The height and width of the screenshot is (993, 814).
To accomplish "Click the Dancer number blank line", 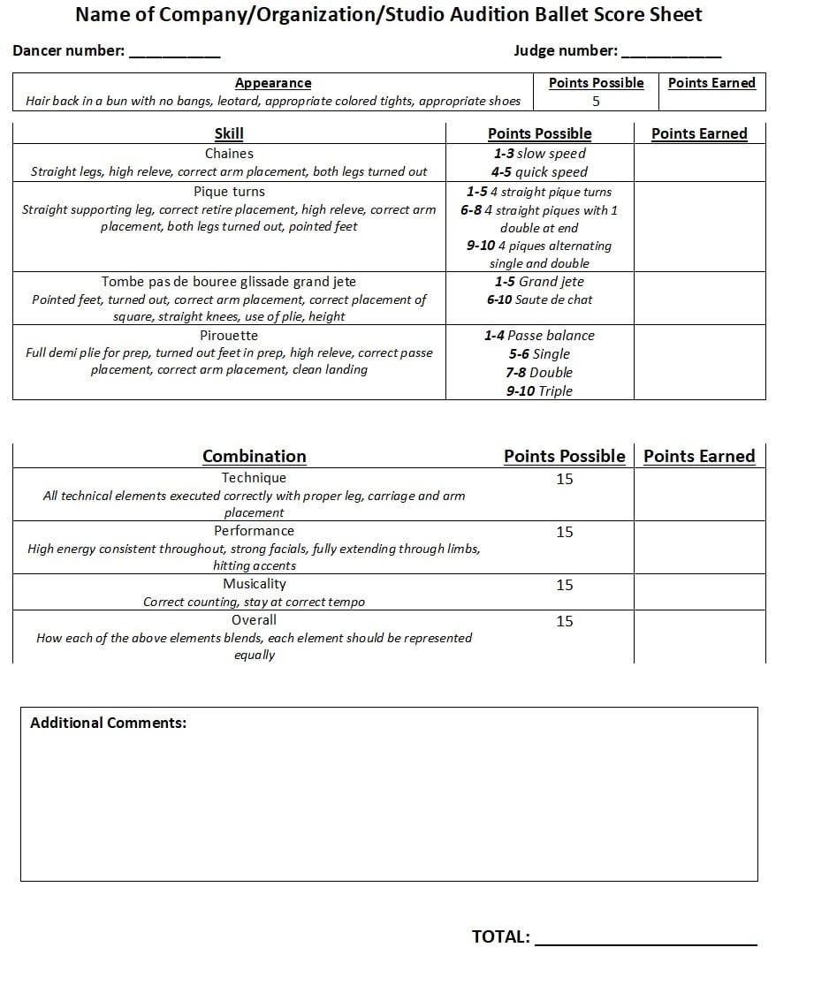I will pos(174,55).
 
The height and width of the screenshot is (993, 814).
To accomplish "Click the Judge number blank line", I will pos(671,55).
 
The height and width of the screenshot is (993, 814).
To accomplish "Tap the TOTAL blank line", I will pos(646,942).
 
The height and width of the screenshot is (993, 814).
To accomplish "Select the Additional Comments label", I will pos(108,723).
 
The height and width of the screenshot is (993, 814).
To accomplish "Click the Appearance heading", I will pos(273,83).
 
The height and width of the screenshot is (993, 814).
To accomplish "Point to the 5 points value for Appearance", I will pos(596,101).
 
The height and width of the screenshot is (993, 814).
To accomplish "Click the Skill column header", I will pos(229,133).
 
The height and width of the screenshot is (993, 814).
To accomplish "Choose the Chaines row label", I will pos(229,154).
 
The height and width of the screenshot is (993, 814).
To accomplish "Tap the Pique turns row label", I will pos(229,192).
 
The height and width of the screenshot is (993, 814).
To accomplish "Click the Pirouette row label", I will pos(229,336).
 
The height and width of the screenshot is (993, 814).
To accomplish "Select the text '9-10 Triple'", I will pos(539,390).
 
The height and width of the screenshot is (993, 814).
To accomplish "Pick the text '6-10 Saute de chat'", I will pos(539,299).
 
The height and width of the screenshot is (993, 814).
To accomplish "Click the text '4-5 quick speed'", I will pos(539,172).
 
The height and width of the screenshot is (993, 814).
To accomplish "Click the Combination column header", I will pos(255,456).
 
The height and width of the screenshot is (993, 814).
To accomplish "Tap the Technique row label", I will pos(255,478).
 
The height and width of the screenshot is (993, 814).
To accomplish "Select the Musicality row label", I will pos(255,584).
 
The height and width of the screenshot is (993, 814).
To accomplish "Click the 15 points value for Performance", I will pos(565,532).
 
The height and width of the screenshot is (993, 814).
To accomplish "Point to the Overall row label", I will pos(255,620).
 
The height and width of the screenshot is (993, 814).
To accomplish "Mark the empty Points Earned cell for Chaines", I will pos(699,163).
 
